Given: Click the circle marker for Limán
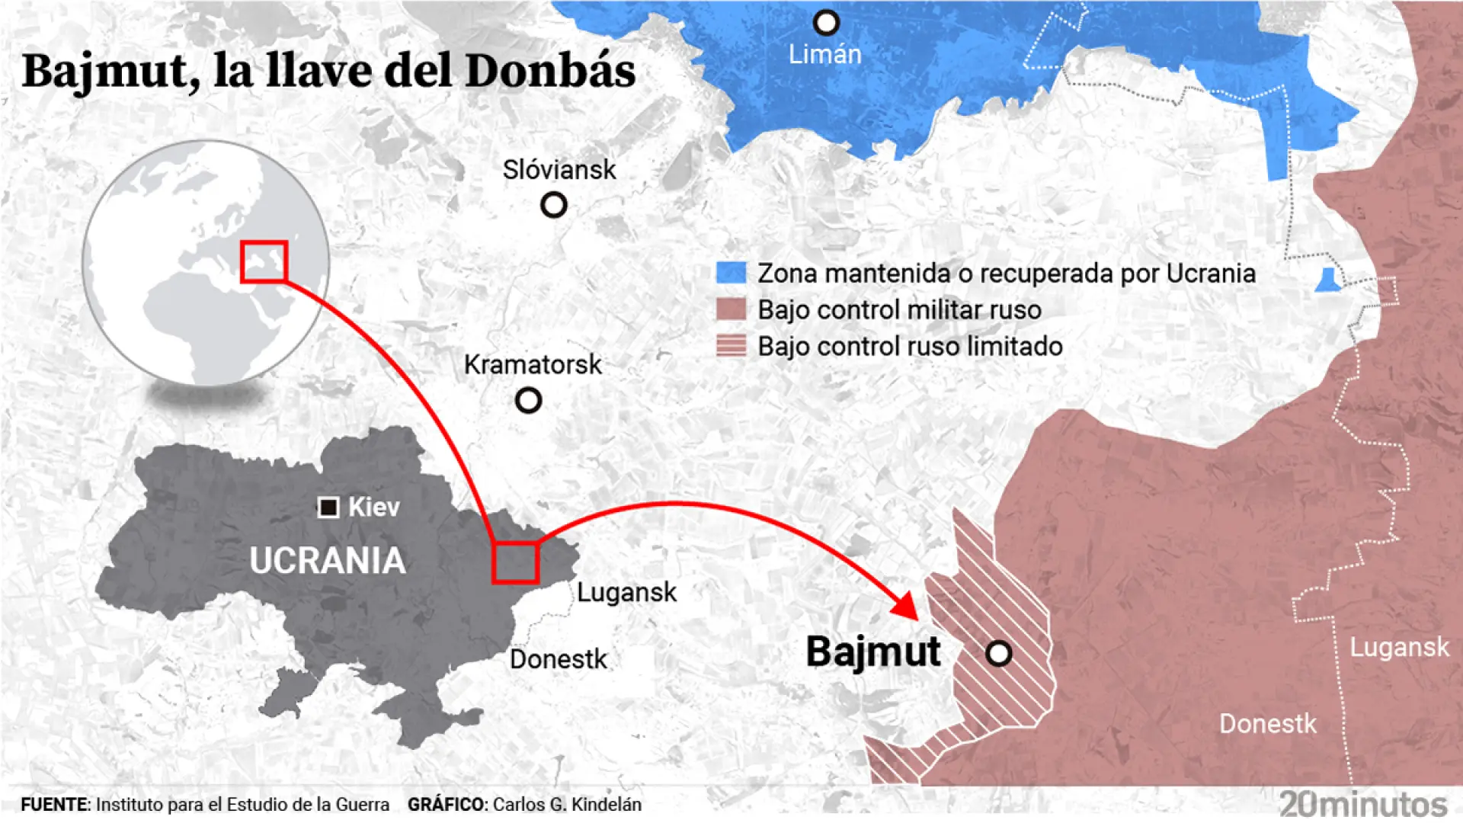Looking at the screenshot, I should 826,23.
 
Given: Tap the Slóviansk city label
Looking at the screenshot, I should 559,170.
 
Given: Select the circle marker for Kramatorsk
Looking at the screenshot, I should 528,400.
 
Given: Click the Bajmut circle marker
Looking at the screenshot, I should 998,653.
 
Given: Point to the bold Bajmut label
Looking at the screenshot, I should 873,653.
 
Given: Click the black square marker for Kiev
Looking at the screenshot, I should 328,508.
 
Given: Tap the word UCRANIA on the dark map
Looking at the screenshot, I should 328,561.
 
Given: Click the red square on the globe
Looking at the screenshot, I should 264,262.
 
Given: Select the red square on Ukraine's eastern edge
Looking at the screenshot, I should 515,563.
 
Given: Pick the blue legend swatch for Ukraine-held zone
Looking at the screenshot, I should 731,273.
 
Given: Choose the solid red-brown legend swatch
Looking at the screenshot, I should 731,309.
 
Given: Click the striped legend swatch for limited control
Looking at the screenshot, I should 731,346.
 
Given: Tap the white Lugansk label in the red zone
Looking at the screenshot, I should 1399,648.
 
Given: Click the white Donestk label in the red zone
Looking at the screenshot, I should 1267,724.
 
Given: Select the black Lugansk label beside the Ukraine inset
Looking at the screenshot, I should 626,593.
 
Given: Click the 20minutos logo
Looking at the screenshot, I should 1363,804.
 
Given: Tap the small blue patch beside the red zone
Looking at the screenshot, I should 1327,280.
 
